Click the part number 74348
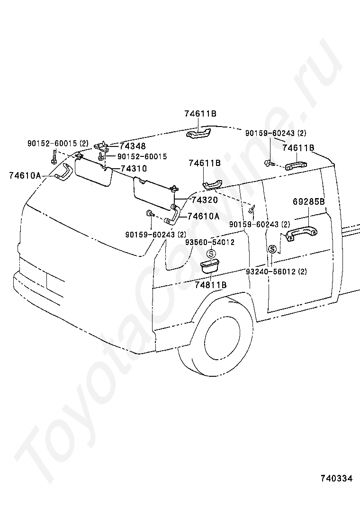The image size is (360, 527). (133, 146)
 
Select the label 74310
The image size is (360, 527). (134, 168)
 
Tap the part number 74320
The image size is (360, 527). (205, 200)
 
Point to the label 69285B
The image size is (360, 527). (308, 202)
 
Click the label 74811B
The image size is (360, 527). (211, 285)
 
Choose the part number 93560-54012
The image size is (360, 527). (210, 243)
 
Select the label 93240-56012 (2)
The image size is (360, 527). (276, 272)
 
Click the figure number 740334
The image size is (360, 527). (336, 479)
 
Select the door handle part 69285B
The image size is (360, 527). (301, 233)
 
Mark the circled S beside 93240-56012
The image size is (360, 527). (272, 249)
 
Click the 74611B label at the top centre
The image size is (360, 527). (200, 114)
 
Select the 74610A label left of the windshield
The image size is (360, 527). (25, 175)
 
